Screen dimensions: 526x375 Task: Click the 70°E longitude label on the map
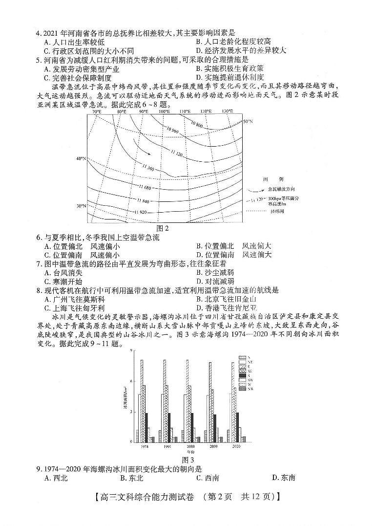tap(97, 112)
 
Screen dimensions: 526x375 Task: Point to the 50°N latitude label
tap(248, 121)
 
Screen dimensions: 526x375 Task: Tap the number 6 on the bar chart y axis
tap(131, 381)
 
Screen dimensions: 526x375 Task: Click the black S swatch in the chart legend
tap(242, 375)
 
